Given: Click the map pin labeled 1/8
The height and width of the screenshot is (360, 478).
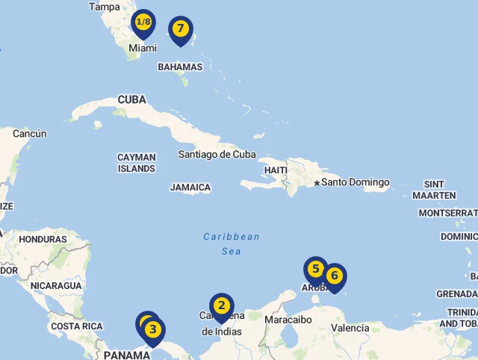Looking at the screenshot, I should coord(143,23).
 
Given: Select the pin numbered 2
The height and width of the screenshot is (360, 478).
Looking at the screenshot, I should coord(222,306).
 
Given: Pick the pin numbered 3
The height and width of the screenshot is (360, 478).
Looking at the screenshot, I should coord(153,329).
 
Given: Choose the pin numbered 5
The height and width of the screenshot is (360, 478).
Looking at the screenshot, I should coord(315,270).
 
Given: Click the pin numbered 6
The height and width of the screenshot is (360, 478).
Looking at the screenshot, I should coord(334,276).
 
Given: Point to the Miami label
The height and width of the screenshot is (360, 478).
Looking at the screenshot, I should coord(143,48).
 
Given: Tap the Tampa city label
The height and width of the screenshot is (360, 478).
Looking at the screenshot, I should coord(104,7).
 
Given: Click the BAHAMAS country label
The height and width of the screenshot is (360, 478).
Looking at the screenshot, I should coord(180,66).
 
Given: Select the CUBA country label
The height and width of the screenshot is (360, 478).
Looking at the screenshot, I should coord(131,99).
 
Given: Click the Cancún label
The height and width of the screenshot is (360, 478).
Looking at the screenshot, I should coord(30,134).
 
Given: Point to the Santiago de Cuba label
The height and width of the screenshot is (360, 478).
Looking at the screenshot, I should coord(217,155).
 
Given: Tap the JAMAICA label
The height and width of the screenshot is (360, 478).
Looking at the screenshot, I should coord(190,187).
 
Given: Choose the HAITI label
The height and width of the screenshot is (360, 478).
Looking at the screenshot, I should coord(275,170).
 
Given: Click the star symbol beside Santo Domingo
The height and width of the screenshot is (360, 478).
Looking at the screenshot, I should coord(317,183).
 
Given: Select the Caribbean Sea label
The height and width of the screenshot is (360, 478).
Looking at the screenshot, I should coord(232,244).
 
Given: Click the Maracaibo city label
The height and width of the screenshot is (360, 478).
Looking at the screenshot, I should coord(288,320).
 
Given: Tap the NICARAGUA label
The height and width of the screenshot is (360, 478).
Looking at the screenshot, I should coord(56,285).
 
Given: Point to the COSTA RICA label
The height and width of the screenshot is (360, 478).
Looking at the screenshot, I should coord(77,326).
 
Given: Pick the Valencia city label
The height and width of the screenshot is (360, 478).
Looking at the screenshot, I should coord(350,328).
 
